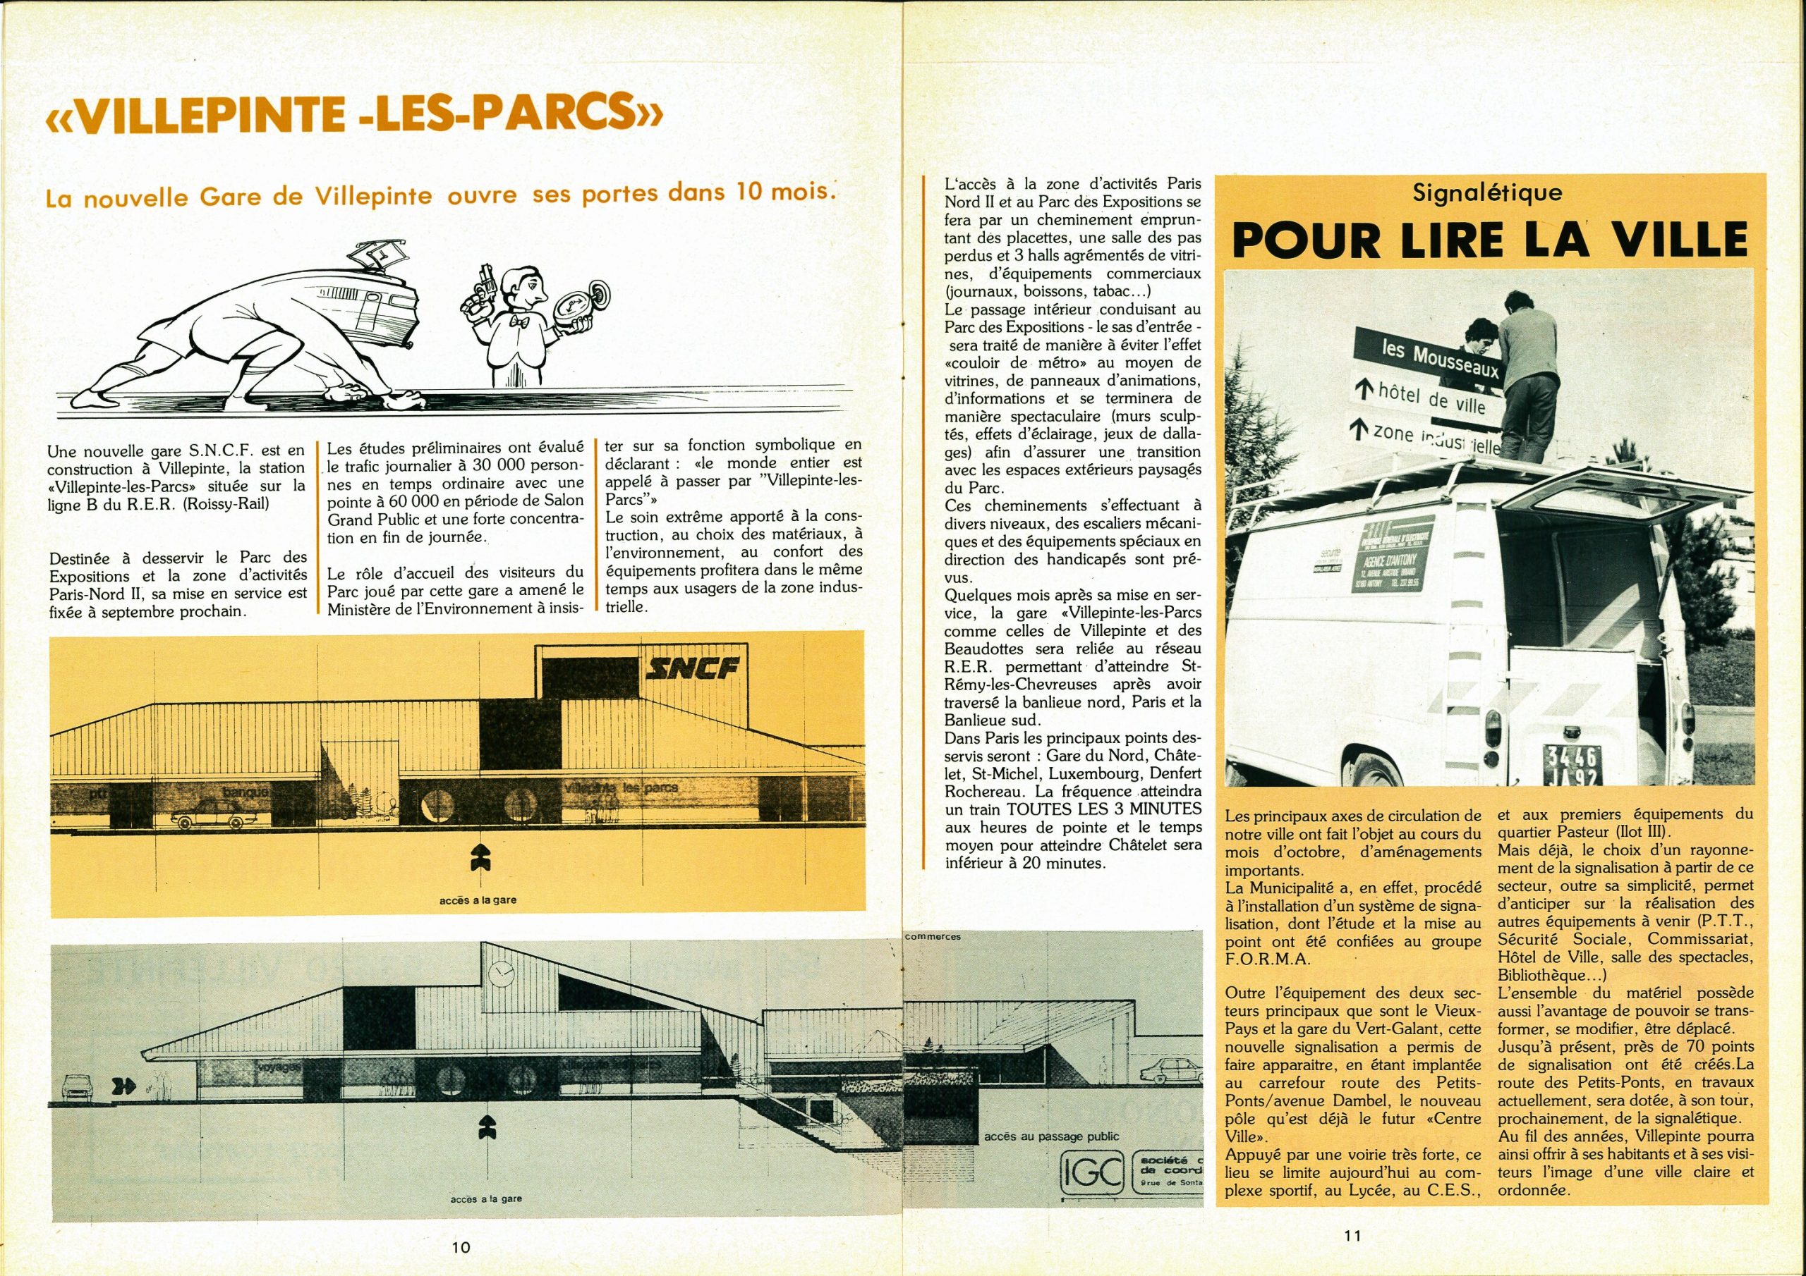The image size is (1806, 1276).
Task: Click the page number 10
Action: click(461, 1247)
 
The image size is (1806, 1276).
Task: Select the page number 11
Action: click(1352, 1235)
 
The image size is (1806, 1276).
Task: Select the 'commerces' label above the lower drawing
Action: click(933, 935)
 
